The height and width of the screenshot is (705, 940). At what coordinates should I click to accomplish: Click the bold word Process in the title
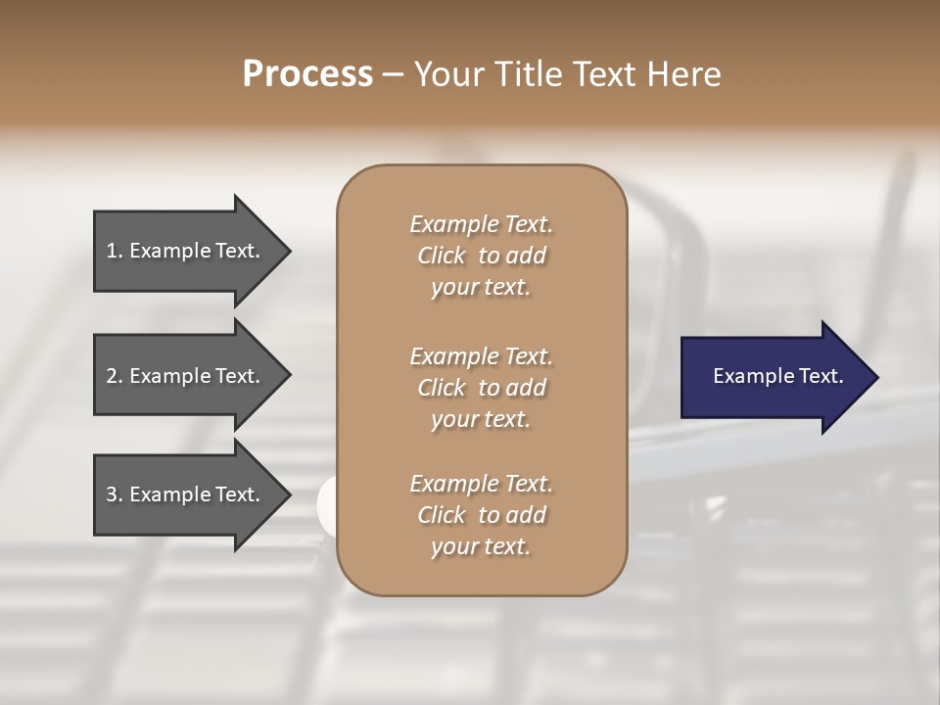pos(307,74)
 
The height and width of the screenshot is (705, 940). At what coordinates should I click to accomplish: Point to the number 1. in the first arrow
pos(115,251)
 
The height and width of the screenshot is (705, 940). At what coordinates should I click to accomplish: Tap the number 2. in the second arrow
pos(115,376)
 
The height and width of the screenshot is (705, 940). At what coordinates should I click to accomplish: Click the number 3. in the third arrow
pos(115,494)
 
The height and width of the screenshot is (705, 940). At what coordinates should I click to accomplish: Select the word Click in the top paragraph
pos(442,256)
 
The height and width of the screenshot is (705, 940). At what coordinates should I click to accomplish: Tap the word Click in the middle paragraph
pos(442,388)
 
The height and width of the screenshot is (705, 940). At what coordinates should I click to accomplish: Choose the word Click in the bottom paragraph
pos(442,515)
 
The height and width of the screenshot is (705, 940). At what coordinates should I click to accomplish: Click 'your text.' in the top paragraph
pos(481,288)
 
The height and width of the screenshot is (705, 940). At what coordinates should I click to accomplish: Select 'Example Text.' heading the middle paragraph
pos(481,356)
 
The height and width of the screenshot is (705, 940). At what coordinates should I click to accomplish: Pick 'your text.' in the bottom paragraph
pos(481,547)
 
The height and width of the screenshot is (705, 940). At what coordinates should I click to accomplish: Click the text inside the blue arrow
pos(778,376)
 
